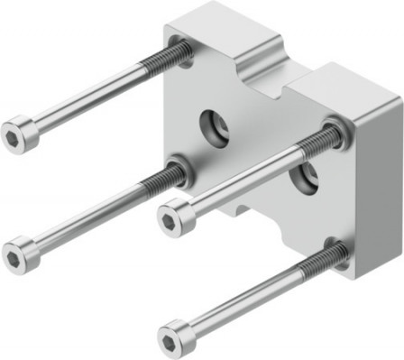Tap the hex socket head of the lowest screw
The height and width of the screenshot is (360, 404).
tap(174, 338)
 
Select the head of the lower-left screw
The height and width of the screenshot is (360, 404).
tap(20, 255)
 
